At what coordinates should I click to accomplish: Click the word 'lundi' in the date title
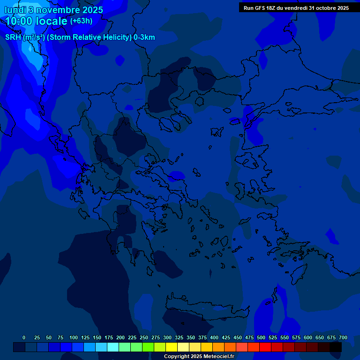pyautogui.click(x=15, y=10)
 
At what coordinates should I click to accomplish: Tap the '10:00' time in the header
pyautogui.click(x=19, y=21)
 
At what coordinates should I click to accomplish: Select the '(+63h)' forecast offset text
pyautogui.click(x=81, y=21)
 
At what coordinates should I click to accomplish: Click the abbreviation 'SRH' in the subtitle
pyautogui.click(x=13, y=37)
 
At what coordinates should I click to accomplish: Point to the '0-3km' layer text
pyautogui.click(x=144, y=37)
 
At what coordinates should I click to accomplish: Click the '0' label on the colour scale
pyautogui.click(x=24, y=337)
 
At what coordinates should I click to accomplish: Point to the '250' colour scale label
pyautogui.click(x=144, y=337)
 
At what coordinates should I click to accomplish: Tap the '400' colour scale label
pyautogui.click(x=214, y=337)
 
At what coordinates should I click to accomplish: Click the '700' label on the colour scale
pyautogui.click(x=343, y=337)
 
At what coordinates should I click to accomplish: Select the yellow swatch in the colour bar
pyautogui.click(x=172, y=347)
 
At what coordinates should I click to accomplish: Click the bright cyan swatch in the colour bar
pyautogui.click(x=113, y=347)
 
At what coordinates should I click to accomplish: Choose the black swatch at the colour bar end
pyautogui.click(x=336, y=347)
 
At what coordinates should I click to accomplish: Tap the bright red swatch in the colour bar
pyautogui.click(x=265, y=347)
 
